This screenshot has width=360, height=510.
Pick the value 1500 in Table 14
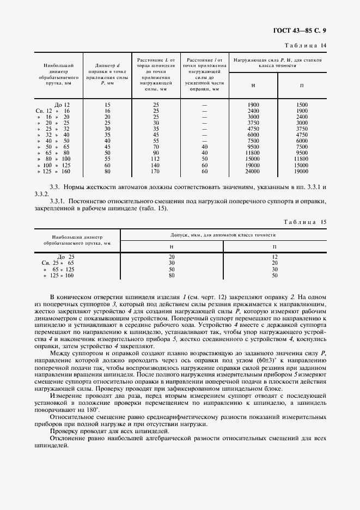click(302, 104)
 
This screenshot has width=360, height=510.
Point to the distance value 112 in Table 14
click(156, 159)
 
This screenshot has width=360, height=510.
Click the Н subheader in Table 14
click(253, 86)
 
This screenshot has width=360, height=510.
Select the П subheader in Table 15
click(274, 247)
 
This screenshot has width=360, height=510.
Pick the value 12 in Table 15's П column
click(274, 256)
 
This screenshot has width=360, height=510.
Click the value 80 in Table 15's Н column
click(172, 276)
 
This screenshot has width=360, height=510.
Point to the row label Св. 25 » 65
click(58, 263)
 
